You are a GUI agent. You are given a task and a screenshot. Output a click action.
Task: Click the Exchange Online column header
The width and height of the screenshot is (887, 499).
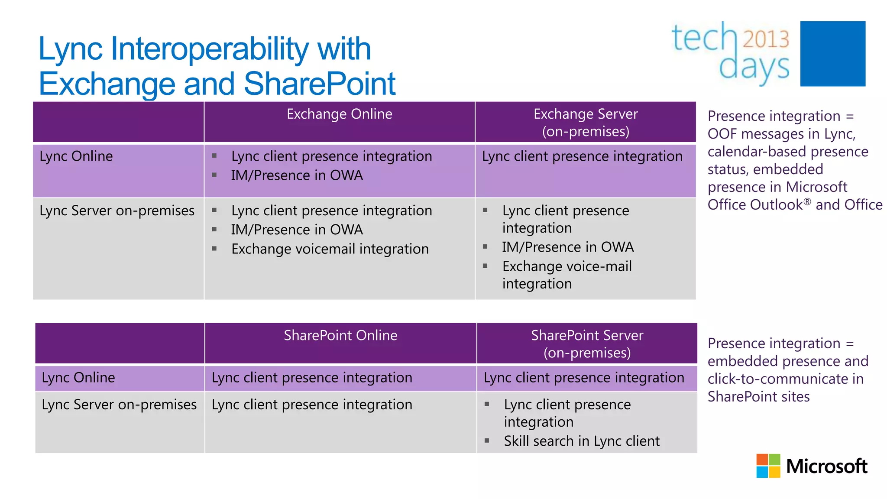tap(339, 114)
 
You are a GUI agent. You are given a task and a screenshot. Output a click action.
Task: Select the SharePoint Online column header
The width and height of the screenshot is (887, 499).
tap(340, 335)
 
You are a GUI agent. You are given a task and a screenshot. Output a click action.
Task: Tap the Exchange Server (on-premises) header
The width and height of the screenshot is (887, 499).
tap(586, 122)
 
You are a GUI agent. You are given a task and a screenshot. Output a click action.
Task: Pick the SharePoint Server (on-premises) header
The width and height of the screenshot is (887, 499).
tap(587, 343)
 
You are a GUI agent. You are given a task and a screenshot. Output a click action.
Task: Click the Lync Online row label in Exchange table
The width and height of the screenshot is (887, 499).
tap(76, 156)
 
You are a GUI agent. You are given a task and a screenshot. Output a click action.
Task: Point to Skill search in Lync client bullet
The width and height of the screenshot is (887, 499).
tap(581, 441)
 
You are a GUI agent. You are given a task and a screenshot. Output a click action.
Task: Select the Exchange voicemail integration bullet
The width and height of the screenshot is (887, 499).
tap(330, 249)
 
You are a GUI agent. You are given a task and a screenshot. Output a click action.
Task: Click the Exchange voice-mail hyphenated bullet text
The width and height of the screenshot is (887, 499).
tap(567, 266)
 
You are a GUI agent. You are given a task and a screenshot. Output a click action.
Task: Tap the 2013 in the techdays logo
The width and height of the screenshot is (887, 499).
tap(766, 39)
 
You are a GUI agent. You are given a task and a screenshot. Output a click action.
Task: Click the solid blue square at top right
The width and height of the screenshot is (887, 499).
tap(832, 54)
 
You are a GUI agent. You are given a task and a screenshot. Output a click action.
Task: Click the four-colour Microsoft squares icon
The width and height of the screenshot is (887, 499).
tap(768, 466)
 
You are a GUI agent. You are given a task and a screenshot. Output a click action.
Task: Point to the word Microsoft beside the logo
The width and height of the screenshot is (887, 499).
tap(826, 466)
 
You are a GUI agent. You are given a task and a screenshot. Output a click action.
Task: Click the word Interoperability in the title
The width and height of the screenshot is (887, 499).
tap(210, 49)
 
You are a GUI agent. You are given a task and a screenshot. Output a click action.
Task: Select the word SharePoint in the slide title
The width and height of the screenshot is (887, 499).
tap(320, 84)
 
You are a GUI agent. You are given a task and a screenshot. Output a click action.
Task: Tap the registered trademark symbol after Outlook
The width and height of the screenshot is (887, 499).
tap(807, 201)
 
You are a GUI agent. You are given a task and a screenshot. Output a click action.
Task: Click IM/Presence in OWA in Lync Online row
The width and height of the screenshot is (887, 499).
tap(297, 175)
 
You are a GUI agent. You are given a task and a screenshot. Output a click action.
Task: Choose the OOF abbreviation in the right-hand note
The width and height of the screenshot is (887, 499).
tap(722, 134)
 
